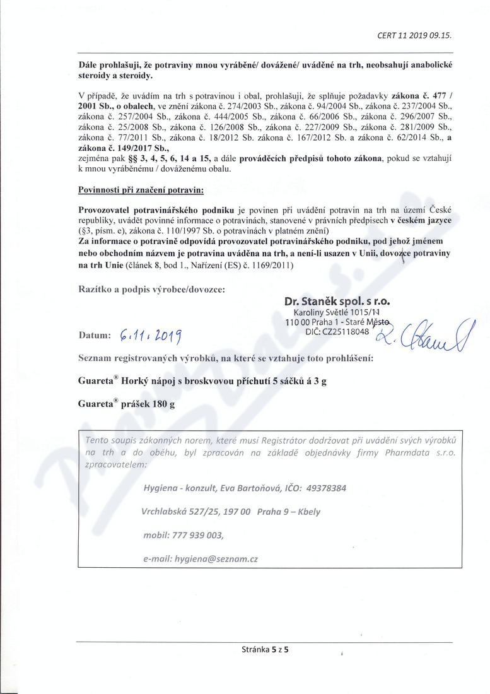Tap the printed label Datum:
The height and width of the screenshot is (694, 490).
95,335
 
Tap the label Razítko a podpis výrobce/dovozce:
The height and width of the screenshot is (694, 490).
151,289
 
